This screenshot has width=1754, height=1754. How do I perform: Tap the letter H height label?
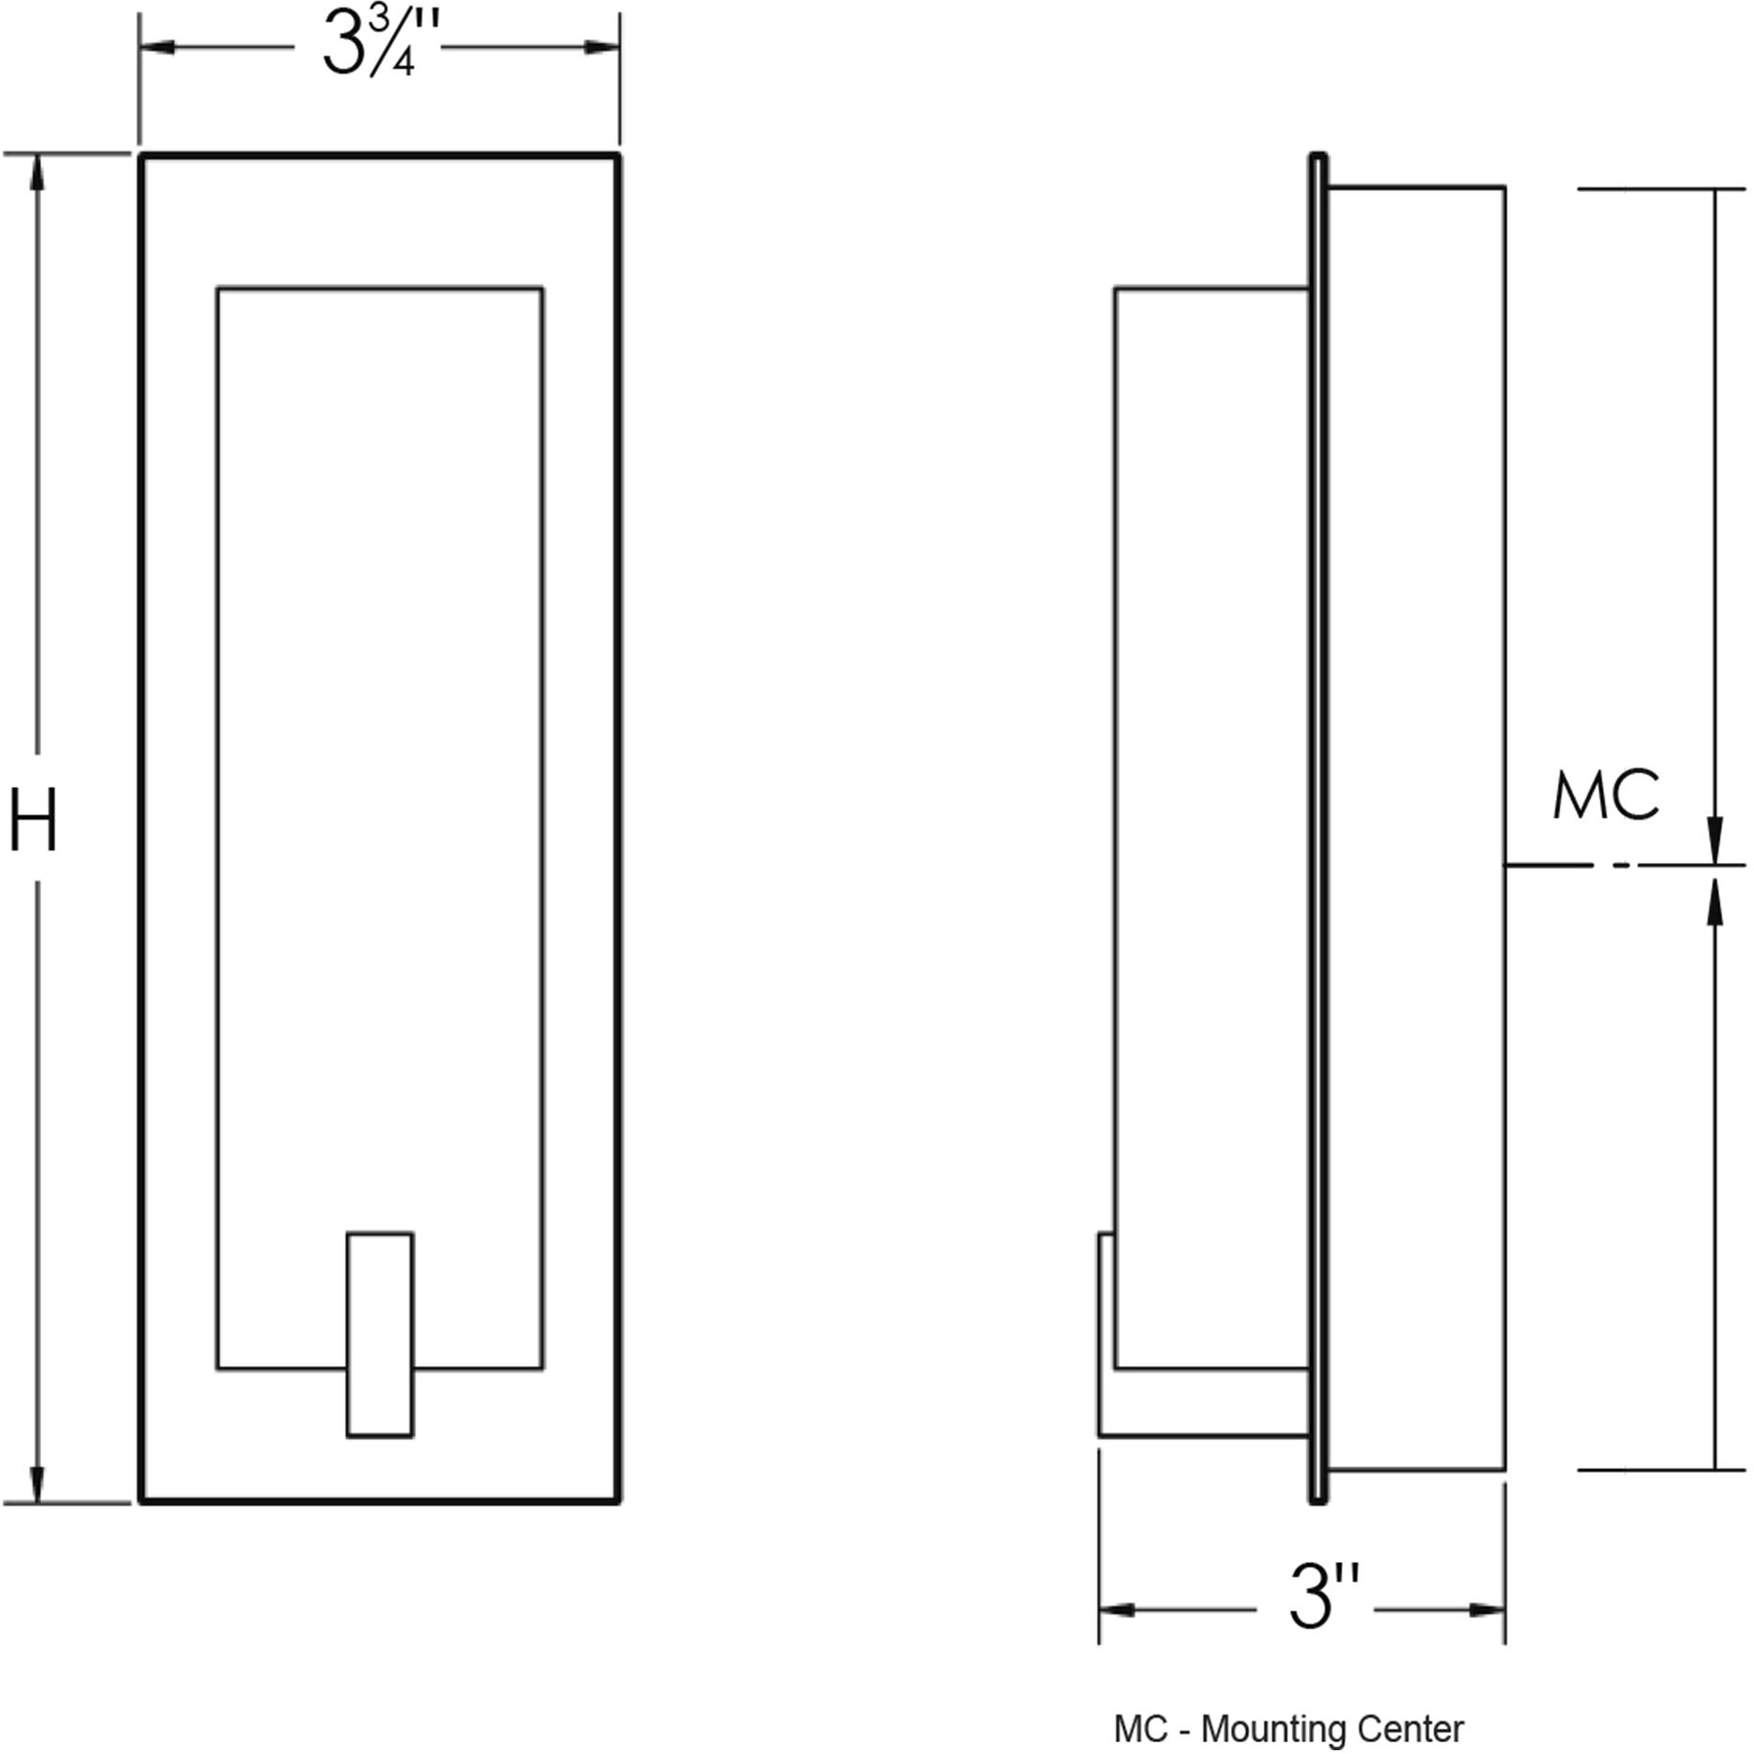pyautogui.click(x=34, y=821)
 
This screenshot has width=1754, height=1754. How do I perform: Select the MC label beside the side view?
pyautogui.click(x=1606, y=797)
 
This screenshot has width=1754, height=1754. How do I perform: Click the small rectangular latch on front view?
pyautogui.click(x=379, y=1334)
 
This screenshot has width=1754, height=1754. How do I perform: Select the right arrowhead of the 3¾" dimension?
pyautogui.click(x=601, y=47)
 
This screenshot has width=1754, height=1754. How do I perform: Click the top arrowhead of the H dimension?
pyautogui.click(x=37, y=172)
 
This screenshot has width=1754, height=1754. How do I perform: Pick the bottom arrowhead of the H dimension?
pyautogui.click(x=37, y=1484)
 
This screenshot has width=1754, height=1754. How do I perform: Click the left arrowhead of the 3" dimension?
pyautogui.click(x=1118, y=1610)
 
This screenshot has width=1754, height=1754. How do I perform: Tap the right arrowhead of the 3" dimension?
pyautogui.click(x=1487, y=1610)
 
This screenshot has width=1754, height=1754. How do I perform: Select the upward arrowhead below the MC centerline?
pyautogui.click(x=1715, y=896)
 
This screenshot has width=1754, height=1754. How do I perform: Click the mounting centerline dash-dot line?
pyautogui.click(x=1593, y=866)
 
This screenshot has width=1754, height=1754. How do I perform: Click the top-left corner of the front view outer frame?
pyautogui.click(x=141, y=155)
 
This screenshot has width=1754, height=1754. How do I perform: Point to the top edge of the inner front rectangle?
pyautogui.click(x=379, y=288)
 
